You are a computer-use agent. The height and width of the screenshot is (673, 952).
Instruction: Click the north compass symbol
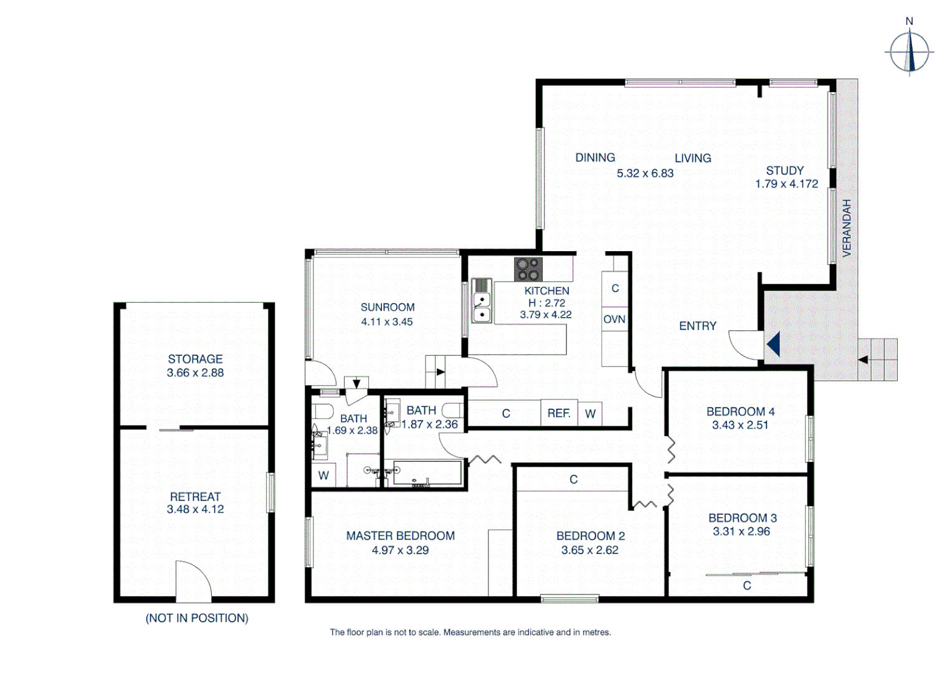click(x=909, y=52)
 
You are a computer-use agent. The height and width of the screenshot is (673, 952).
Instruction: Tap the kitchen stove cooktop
click(x=528, y=269)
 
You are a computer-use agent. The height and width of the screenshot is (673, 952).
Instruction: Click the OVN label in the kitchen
click(x=614, y=319)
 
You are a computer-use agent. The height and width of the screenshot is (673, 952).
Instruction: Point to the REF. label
click(x=559, y=413)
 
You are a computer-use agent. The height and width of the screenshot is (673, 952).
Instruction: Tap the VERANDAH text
click(x=846, y=228)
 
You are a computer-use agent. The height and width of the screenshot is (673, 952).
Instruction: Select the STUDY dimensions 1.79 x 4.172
click(x=786, y=184)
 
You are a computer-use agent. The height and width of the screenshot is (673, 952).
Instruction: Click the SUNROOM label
click(x=388, y=307)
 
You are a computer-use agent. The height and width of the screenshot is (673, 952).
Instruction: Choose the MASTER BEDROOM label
click(x=400, y=536)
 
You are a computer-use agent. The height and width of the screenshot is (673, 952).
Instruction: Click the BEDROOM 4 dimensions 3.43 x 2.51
click(x=740, y=425)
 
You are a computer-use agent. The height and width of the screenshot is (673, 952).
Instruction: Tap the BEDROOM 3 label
click(x=742, y=518)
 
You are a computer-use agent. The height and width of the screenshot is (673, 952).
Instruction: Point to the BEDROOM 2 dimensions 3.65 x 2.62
click(x=589, y=550)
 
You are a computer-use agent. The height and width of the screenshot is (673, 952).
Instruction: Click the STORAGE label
click(x=195, y=359)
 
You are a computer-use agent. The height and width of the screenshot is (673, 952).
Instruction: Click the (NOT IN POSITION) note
click(x=197, y=618)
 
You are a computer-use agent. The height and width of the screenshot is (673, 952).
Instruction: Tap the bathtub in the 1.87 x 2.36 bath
click(x=427, y=474)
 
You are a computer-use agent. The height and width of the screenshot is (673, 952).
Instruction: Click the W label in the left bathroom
click(x=323, y=475)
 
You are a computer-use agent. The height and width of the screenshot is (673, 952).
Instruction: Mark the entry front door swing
click(x=745, y=345)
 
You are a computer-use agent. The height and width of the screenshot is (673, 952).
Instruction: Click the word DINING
click(x=595, y=158)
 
